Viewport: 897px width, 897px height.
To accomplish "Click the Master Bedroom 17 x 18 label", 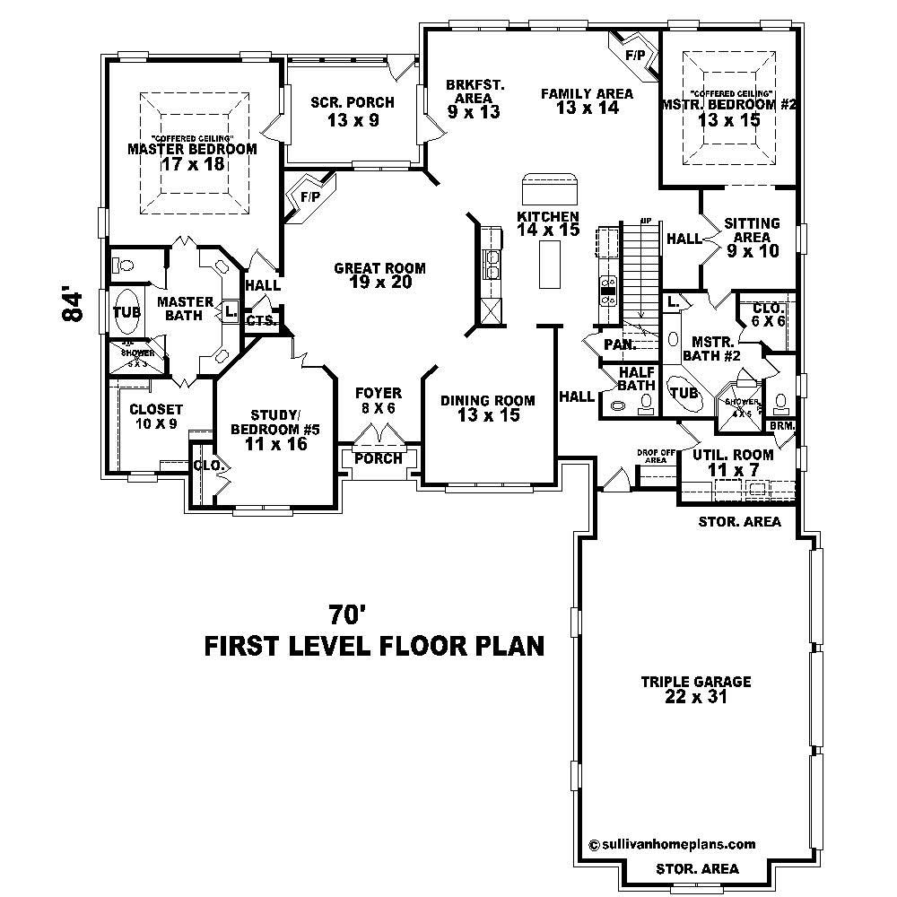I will [192, 156].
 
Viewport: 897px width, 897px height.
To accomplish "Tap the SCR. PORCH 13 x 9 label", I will [352, 111].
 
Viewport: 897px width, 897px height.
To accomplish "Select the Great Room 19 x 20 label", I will [379, 275].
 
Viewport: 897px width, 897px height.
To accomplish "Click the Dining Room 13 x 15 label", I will [487, 408].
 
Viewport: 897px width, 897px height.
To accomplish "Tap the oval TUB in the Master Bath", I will [125, 313].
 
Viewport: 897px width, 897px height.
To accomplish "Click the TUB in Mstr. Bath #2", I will [684, 393].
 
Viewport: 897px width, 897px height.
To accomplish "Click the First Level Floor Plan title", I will [374, 646].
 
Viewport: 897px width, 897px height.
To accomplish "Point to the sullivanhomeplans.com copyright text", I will [672, 844].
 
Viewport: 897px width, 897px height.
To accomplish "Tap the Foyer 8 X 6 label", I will [378, 400].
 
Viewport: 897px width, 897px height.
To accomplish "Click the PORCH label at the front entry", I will [378, 458].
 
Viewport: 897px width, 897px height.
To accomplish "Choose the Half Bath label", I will [636, 379].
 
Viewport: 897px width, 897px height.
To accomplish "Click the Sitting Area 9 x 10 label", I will [752, 238].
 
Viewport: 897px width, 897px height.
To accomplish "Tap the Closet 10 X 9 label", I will [156, 416].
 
